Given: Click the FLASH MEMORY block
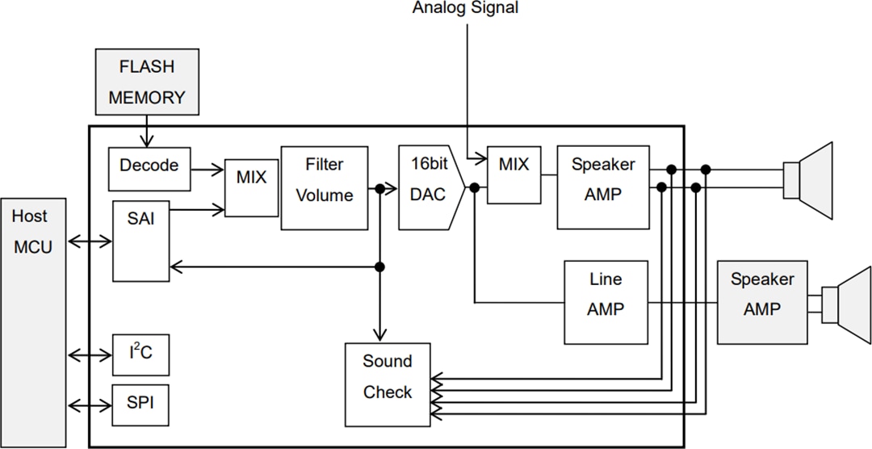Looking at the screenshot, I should click(x=146, y=82).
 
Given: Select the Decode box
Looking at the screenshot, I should click(x=149, y=166).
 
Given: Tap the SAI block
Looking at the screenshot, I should click(x=141, y=241).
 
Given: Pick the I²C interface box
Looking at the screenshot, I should click(x=141, y=354).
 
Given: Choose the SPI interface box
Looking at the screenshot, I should click(x=141, y=401).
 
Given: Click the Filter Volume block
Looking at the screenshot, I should click(x=324, y=188).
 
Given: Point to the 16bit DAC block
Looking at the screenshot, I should click(x=429, y=187).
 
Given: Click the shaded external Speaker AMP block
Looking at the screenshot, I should click(x=762, y=294).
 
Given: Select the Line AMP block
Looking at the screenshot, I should click(x=606, y=302).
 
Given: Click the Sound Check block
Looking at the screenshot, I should click(x=387, y=384).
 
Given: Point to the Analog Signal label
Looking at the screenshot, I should click(x=465, y=8).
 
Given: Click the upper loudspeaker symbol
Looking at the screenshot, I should click(x=809, y=179).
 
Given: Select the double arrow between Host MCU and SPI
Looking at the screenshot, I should click(x=90, y=402).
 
